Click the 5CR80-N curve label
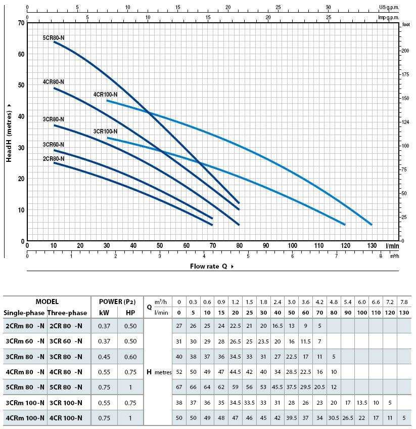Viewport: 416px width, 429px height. (54, 38)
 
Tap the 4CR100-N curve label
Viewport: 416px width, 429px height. (105, 95)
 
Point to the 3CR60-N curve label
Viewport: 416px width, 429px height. (54, 145)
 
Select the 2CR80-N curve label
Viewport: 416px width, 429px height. (54, 159)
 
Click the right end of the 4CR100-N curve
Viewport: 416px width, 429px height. (371, 225)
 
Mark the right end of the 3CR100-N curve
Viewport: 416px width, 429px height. (345, 225)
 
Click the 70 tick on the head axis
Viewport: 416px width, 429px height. (21, 23)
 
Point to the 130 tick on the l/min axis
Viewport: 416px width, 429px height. (372, 245)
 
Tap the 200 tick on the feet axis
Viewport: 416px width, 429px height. (405, 51)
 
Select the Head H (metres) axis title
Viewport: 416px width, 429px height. (9, 133)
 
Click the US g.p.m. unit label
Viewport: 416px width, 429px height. (389, 7)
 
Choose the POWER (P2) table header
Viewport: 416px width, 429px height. (117, 302)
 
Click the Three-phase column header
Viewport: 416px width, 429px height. (67, 313)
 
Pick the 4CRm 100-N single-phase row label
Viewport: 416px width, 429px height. (25, 418)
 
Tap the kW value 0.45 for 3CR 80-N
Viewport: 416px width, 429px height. (104, 357)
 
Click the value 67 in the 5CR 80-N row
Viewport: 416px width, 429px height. (179, 387)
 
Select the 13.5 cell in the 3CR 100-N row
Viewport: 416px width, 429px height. (362, 403)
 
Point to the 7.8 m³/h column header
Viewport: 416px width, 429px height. (404, 302)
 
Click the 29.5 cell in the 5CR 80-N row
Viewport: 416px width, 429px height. (306, 387)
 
